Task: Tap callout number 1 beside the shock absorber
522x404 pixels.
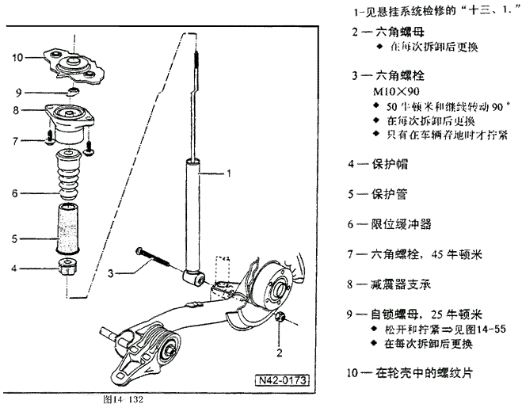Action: [229, 172]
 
